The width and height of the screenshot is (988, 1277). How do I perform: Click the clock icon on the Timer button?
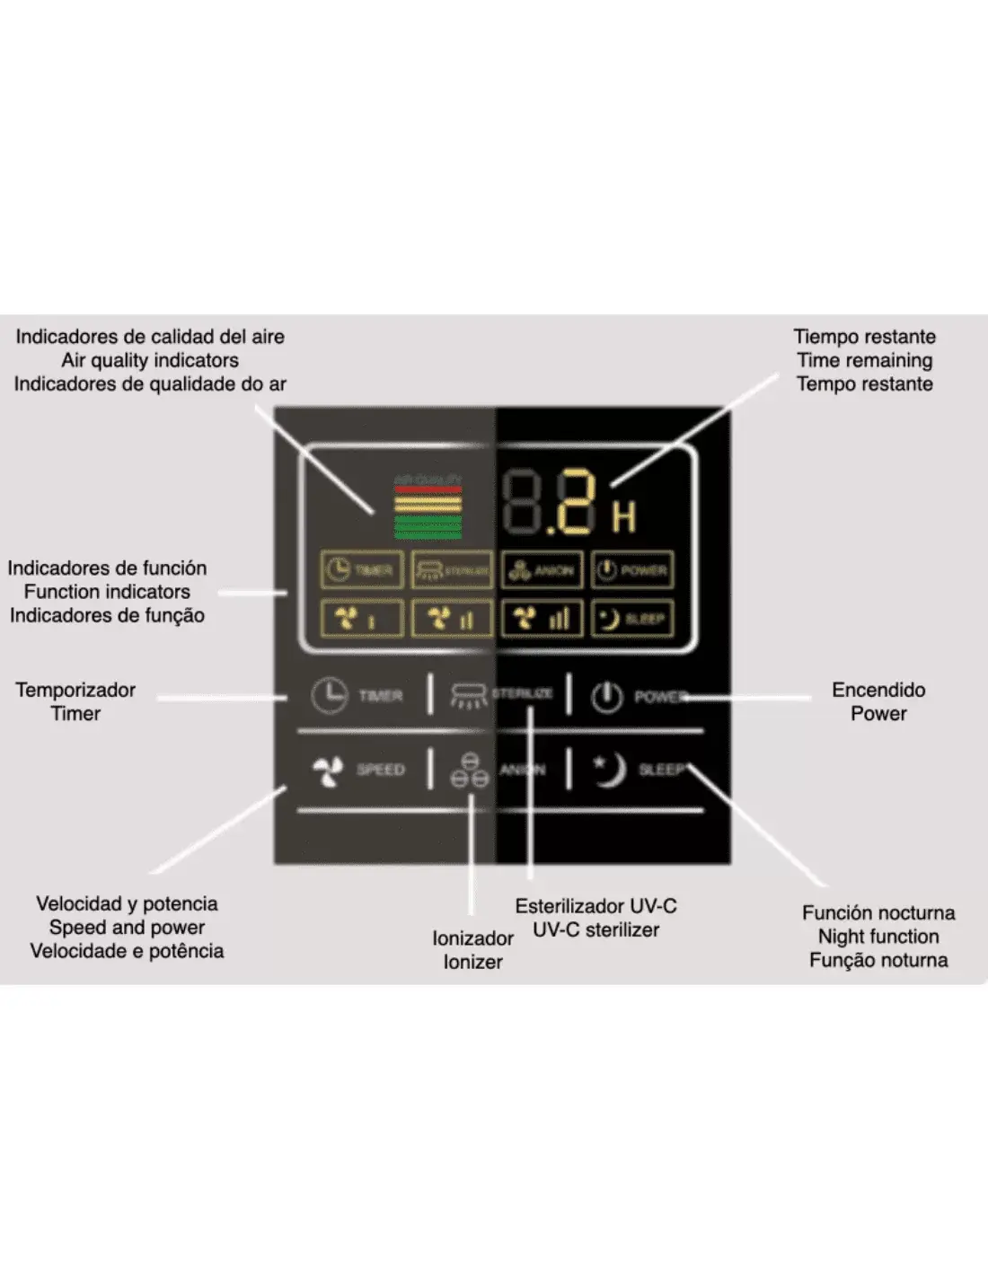(x=330, y=695)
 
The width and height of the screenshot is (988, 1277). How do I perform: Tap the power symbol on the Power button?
(x=607, y=696)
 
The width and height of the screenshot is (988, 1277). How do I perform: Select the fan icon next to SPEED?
(x=328, y=771)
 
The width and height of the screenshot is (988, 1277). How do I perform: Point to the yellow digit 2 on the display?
(x=575, y=503)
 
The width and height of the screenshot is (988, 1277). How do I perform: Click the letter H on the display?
(x=624, y=516)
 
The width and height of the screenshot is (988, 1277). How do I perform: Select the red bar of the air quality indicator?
(x=428, y=490)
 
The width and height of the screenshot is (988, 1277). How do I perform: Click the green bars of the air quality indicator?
(x=428, y=526)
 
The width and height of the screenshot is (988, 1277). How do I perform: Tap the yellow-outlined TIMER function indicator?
(x=362, y=569)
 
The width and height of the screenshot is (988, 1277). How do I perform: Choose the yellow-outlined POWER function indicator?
(x=632, y=569)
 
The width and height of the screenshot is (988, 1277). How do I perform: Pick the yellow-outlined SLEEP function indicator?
(x=632, y=618)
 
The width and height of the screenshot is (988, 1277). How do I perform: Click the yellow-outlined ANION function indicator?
(x=542, y=569)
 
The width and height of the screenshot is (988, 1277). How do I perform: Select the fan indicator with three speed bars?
(x=542, y=618)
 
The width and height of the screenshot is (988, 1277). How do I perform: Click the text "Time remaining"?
(x=864, y=360)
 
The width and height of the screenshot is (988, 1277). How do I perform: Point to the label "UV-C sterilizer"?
(x=595, y=929)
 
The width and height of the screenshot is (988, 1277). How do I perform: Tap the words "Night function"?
(x=878, y=937)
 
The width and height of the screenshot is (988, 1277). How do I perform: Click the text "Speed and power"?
(x=127, y=927)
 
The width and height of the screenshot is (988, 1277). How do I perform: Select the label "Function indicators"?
(x=107, y=592)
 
